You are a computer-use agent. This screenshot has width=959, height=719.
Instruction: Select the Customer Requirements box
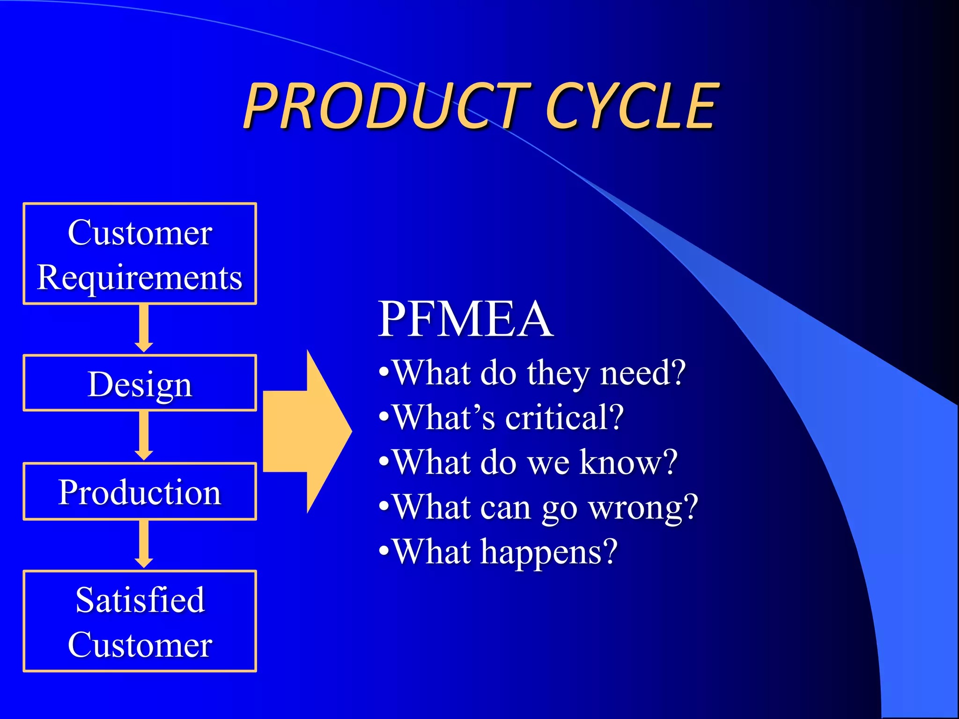140,254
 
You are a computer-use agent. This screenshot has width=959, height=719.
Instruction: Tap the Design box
140,383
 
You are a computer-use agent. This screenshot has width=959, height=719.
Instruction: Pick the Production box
140,492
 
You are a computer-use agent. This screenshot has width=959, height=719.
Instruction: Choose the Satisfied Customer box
140,621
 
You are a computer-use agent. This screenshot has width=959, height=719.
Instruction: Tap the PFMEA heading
465,319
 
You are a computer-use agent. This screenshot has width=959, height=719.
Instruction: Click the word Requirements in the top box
140,277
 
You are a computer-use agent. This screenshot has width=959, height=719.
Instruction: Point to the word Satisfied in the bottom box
140,600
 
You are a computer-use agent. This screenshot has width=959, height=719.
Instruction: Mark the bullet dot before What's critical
384,417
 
